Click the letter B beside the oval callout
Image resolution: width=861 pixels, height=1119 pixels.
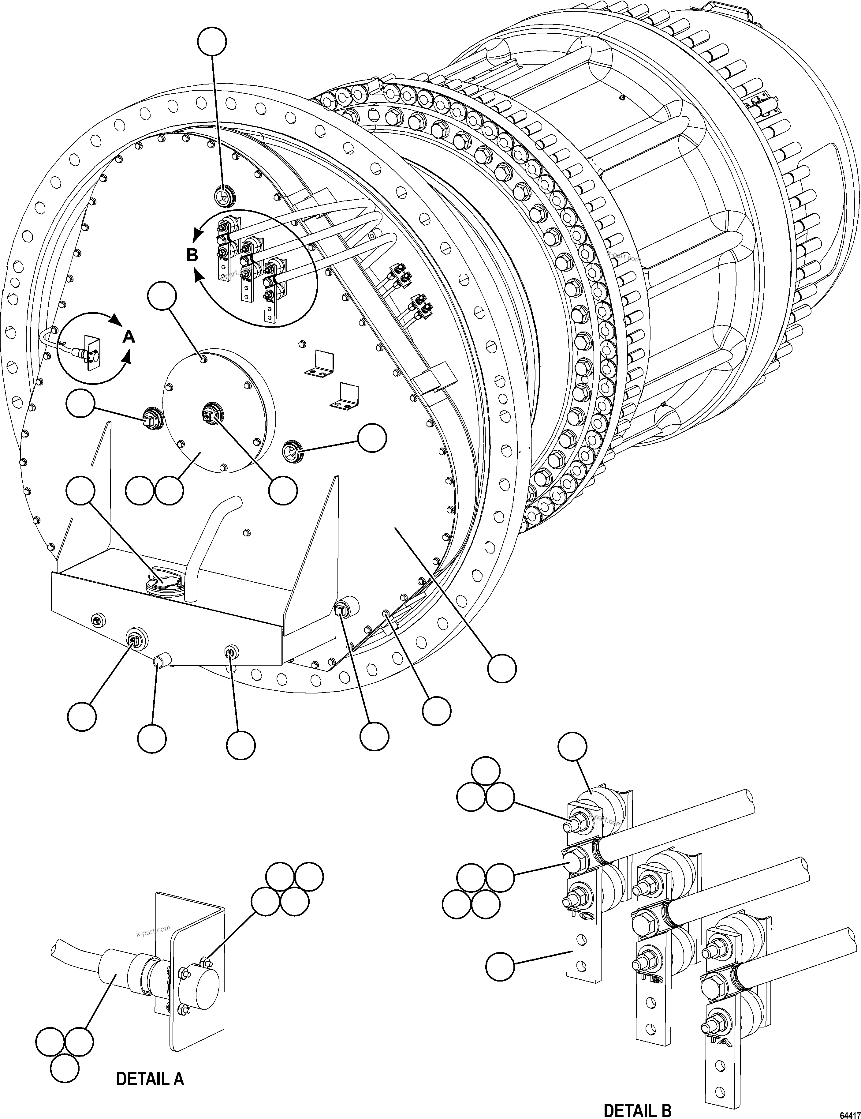192,255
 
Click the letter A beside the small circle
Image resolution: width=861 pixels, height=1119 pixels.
130,337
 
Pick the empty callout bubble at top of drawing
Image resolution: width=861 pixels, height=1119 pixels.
212,42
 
